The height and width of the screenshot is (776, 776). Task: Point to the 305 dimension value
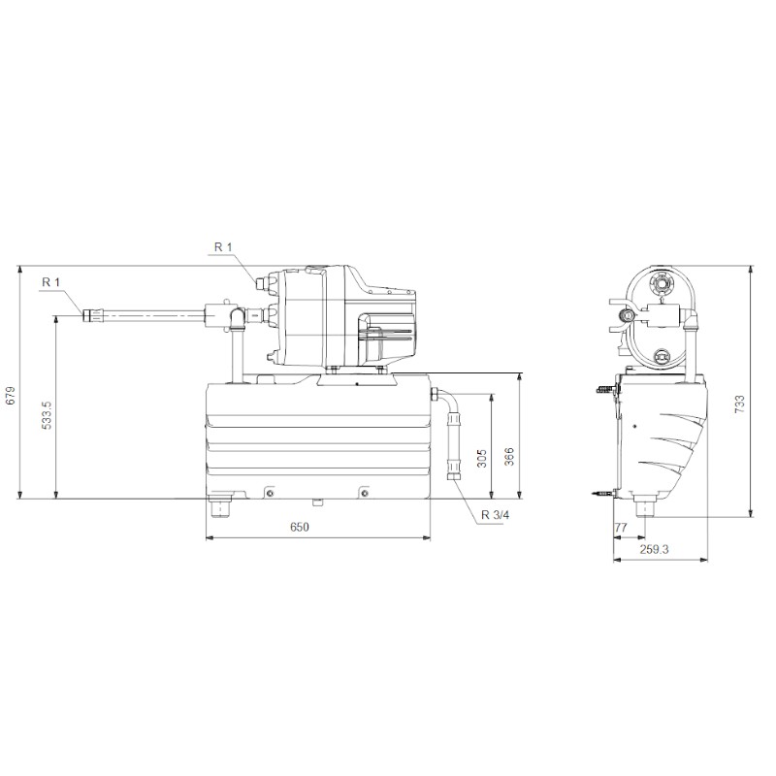coord(482,458)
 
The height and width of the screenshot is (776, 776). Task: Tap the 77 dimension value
coord(622,527)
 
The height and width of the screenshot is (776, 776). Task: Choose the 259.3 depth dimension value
coord(655,549)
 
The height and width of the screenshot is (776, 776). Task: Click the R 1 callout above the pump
coord(223,247)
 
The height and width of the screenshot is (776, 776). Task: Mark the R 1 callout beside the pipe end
coord(50,282)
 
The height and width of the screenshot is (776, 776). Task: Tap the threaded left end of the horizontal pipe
coord(93,315)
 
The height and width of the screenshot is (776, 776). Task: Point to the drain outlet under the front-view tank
coord(220,505)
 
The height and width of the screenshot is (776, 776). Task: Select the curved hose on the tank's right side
coord(451,432)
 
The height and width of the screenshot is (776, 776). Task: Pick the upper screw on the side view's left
coord(606,391)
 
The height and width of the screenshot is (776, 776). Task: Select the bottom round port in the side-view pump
coord(662,355)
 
